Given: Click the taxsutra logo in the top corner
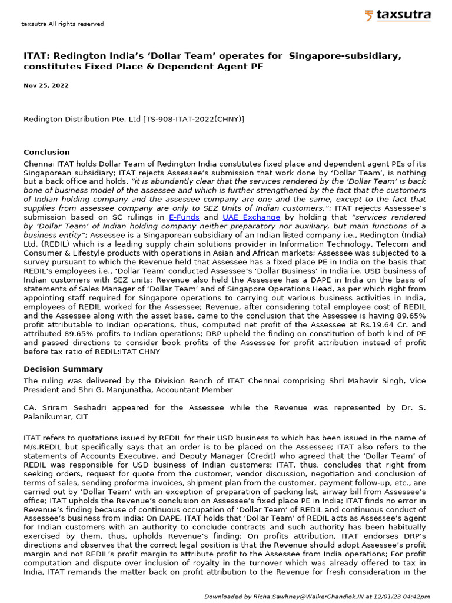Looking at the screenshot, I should click(397, 16).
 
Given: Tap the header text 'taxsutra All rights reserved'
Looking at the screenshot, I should click(62, 24).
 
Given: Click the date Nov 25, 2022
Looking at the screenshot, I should click(46, 85).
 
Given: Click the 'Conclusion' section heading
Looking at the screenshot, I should click(46, 152).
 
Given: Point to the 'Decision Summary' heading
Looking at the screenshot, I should click(63, 369).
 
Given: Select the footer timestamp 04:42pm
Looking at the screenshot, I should click(416, 597).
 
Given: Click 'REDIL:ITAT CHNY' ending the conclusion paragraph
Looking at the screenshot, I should click(143, 352).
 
